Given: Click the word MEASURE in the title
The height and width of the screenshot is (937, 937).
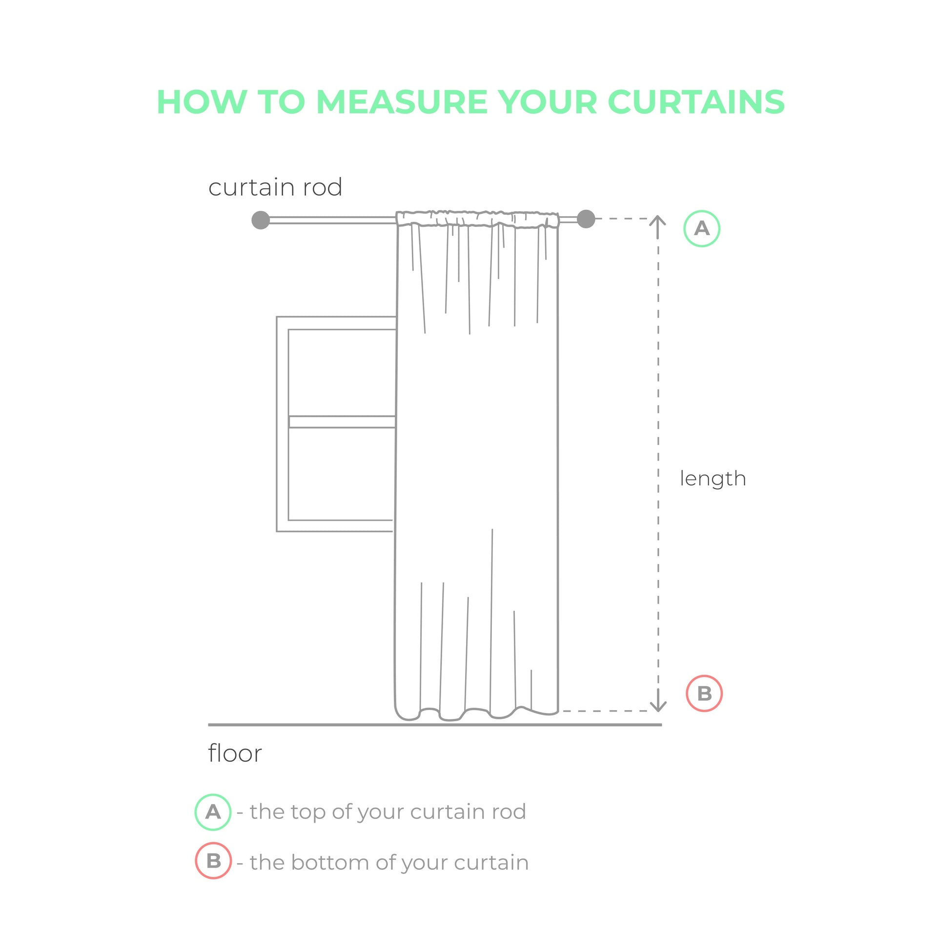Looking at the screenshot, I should (x=402, y=102).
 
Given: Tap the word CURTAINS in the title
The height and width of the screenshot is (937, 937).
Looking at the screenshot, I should (x=696, y=102).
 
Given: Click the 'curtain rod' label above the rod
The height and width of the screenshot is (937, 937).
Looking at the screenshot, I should (x=275, y=187).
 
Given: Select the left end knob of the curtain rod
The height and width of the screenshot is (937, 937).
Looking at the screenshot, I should (x=261, y=220).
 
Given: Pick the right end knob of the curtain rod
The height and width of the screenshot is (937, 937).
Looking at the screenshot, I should (x=586, y=219).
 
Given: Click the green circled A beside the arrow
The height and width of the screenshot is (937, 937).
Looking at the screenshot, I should (x=702, y=228).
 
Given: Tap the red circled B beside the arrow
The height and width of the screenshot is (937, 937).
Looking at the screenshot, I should (x=704, y=693).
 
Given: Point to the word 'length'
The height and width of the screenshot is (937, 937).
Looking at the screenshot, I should (x=713, y=479).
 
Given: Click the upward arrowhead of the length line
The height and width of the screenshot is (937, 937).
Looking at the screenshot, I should (x=658, y=221).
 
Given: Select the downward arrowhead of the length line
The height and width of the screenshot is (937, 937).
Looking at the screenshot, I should (x=658, y=707).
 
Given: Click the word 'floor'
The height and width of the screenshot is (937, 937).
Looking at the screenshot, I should (x=235, y=753).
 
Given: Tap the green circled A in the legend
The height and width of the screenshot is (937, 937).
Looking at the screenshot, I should (x=213, y=812).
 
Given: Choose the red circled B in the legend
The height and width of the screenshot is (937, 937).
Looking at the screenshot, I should (x=213, y=861).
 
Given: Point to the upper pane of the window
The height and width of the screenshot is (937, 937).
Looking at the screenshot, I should (x=342, y=372).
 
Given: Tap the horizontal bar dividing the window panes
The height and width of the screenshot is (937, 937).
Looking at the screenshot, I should (x=342, y=422).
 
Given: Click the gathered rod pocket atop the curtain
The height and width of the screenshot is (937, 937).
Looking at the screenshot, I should (x=477, y=219).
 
